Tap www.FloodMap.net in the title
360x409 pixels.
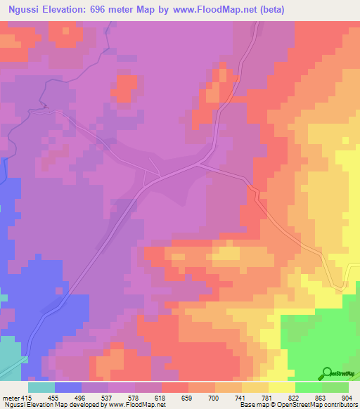(x=219, y=10)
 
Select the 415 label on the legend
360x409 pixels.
(x=25, y=398)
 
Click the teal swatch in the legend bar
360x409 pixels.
(x=41, y=387)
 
